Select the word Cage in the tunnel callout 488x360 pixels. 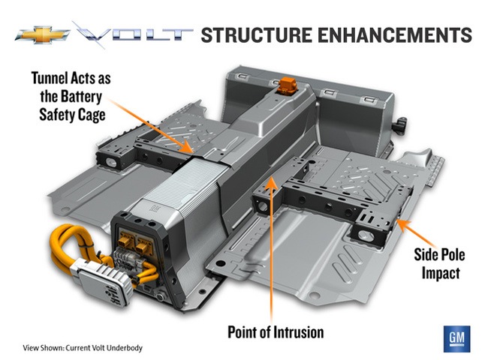click(x=106, y=115)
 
